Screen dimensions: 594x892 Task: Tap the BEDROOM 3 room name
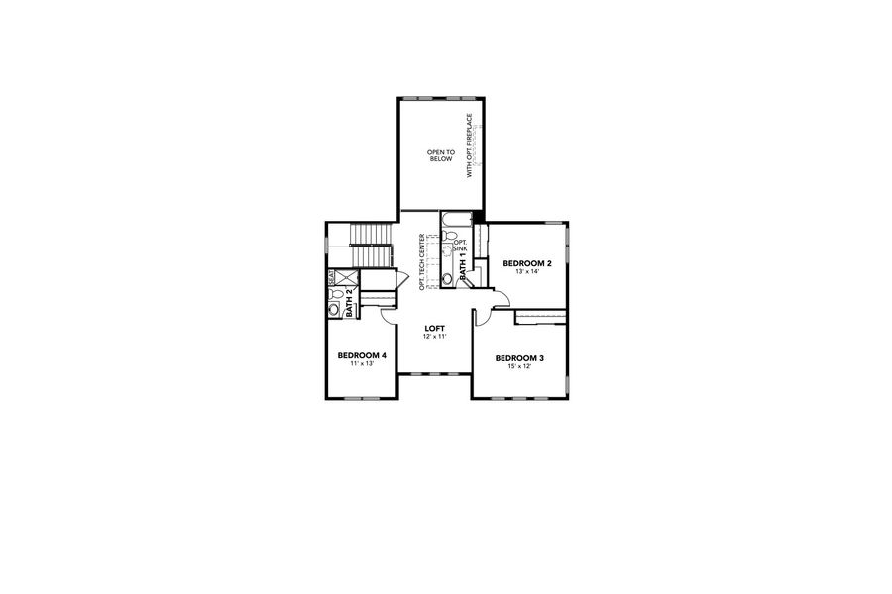coord(520,357)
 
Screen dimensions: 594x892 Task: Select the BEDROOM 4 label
coord(362,355)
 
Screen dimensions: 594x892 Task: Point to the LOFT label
coord(435,328)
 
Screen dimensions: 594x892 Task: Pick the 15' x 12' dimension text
coord(520,366)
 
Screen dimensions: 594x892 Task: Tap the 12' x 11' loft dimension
coord(435,337)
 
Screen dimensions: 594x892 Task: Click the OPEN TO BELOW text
coord(440,154)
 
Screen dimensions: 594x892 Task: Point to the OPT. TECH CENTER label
coord(422,262)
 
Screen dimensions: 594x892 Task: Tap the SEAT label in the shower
coord(331,277)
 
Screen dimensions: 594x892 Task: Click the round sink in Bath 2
coord(334,310)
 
